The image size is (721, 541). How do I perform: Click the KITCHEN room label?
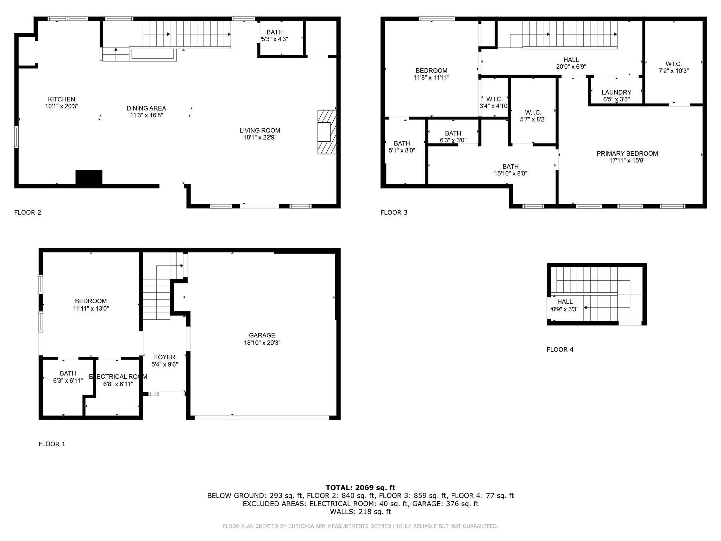pyautogui.click(x=62, y=99)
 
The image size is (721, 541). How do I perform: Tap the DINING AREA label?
pyautogui.click(x=146, y=108)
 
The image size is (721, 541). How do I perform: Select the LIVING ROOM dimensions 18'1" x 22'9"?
pyautogui.click(x=260, y=137)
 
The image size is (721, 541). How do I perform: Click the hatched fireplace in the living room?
pyautogui.click(x=327, y=132)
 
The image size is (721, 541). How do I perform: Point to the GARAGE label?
pyautogui.click(x=262, y=335)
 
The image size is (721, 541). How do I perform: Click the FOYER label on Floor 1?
pyautogui.click(x=165, y=357)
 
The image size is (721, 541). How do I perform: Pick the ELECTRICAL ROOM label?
pyautogui.click(x=118, y=377)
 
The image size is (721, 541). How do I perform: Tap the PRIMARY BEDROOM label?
pyautogui.click(x=627, y=154)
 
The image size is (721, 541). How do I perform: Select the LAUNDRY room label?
pyautogui.click(x=616, y=93)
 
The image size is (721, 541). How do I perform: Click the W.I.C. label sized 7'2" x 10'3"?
pyautogui.click(x=674, y=64)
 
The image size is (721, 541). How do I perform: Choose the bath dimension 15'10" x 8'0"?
pyautogui.click(x=510, y=174)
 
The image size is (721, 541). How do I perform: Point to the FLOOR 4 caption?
pyautogui.click(x=560, y=350)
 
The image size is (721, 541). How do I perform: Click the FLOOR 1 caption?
pyautogui.click(x=52, y=444)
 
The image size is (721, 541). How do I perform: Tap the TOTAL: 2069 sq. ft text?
pyautogui.click(x=360, y=488)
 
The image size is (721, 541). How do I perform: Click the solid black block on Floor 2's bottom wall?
pyautogui.click(x=89, y=177)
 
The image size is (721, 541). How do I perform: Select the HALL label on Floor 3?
pyautogui.click(x=571, y=60)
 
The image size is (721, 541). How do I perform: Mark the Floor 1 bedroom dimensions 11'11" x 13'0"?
pyautogui.click(x=91, y=309)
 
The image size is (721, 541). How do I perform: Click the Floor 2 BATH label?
pyautogui.click(x=275, y=32)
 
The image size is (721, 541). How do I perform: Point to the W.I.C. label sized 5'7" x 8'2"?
pyautogui.click(x=533, y=113)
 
